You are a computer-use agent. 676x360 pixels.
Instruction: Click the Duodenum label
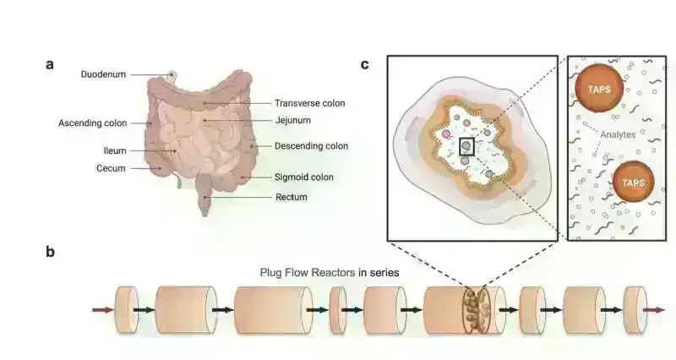tap(103, 74)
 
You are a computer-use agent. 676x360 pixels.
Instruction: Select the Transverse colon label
tap(309, 103)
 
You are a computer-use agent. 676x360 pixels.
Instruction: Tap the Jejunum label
tap(292, 120)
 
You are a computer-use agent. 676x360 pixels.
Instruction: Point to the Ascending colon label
tap(92, 123)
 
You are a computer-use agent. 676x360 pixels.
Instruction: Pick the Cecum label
tap(111, 168)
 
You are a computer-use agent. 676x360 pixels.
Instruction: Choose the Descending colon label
tap(311, 145)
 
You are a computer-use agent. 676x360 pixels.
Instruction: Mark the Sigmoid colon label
tap(303, 177)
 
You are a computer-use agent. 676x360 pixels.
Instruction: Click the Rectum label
tap(291, 197)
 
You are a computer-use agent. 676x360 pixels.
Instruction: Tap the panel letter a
tap(51, 64)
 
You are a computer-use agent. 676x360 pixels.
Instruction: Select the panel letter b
tap(51, 251)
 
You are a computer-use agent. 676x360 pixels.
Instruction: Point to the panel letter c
tap(365, 64)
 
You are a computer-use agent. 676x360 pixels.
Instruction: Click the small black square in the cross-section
tap(466, 146)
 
